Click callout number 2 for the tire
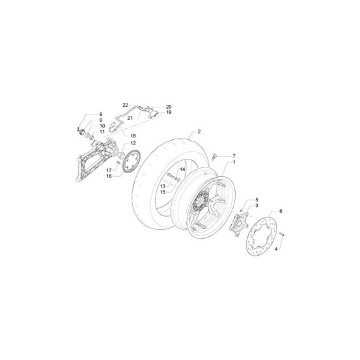[x=199, y=132]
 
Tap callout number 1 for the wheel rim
[x=234, y=162]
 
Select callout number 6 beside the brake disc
[x=281, y=211]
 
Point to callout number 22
[x=125, y=105]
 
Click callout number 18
[x=133, y=135]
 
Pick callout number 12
[x=133, y=143]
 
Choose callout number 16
[x=109, y=176]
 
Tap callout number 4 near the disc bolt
[x=276, y=249]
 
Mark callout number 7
[x=234, y=156]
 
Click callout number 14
[x=182, y=169]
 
